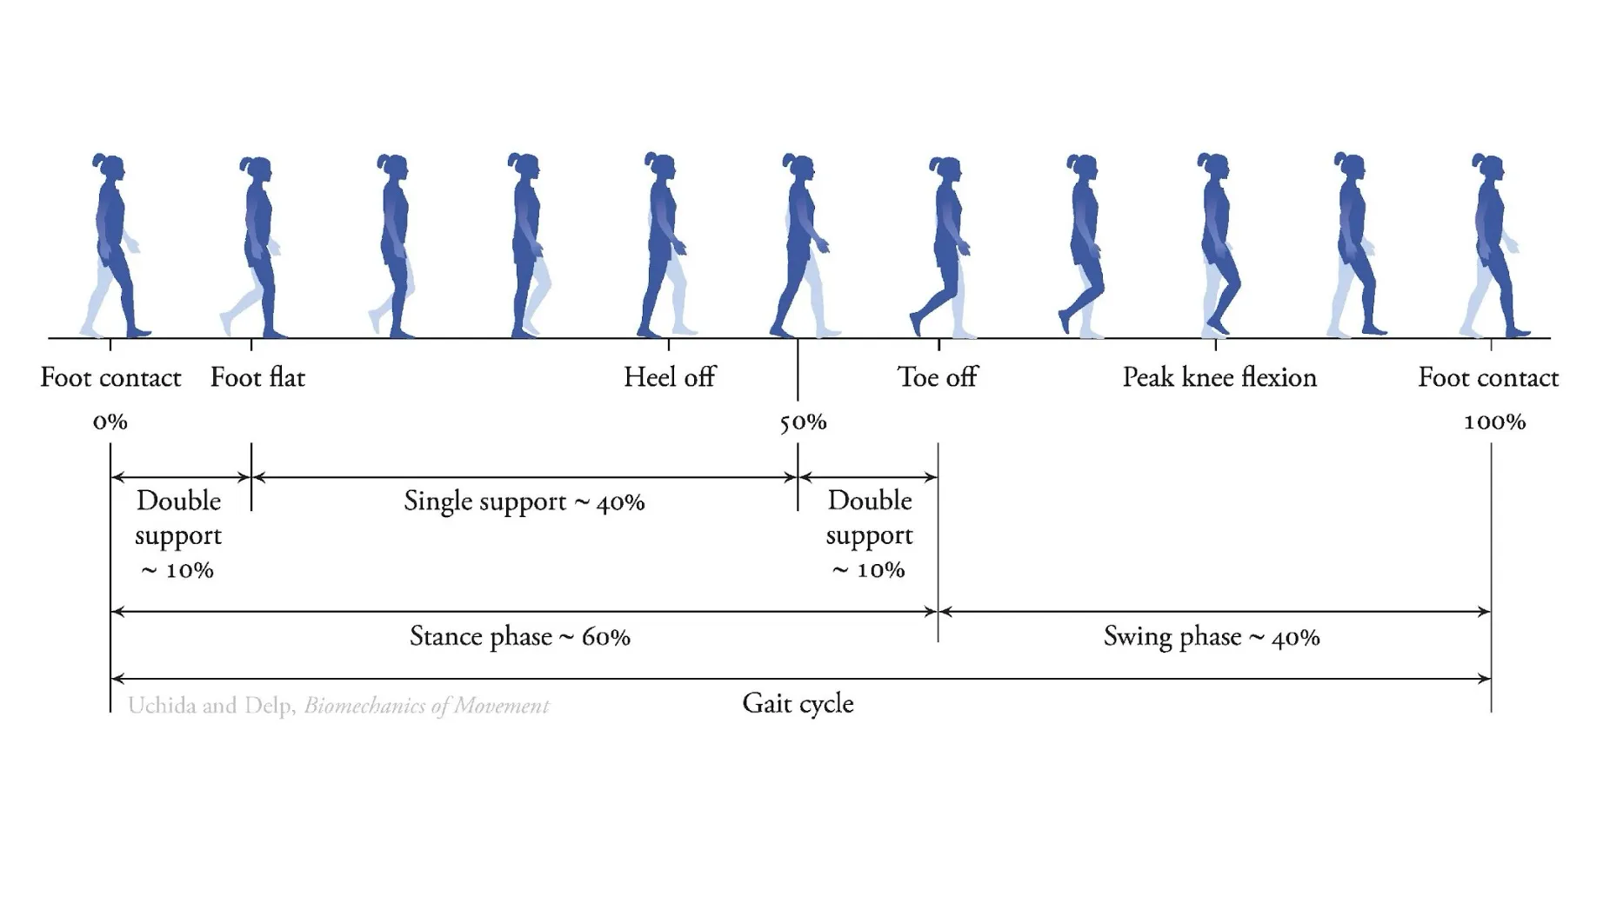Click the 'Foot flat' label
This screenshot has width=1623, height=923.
(x=257, y=377)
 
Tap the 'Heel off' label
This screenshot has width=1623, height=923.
(x=669, y=377)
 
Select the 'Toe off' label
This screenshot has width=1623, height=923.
(x=937, y=377)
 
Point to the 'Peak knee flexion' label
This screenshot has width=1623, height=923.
(x=1219, y=377)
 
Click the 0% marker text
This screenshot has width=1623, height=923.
(x=110, y=422)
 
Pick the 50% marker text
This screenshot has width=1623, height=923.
(x=802, y=422)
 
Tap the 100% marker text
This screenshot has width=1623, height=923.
(x=1494, y=422)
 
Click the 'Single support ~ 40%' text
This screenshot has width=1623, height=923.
(x=524, y=501)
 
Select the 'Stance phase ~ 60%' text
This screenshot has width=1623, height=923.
(x=519, y=637)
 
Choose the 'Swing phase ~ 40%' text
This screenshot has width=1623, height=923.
(x=1211, y=637)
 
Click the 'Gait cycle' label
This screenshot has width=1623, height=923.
(x=798, y=703)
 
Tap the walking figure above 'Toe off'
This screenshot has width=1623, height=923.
(x=944, y=248)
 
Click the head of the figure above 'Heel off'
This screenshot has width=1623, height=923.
(x=661, y=166)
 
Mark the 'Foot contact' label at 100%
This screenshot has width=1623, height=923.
(x=1487, y=377)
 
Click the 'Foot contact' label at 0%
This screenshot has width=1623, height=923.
(x=110, y=377)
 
